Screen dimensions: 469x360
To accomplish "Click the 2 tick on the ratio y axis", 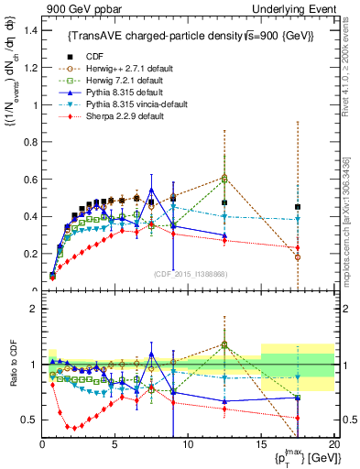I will coord(34,309).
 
